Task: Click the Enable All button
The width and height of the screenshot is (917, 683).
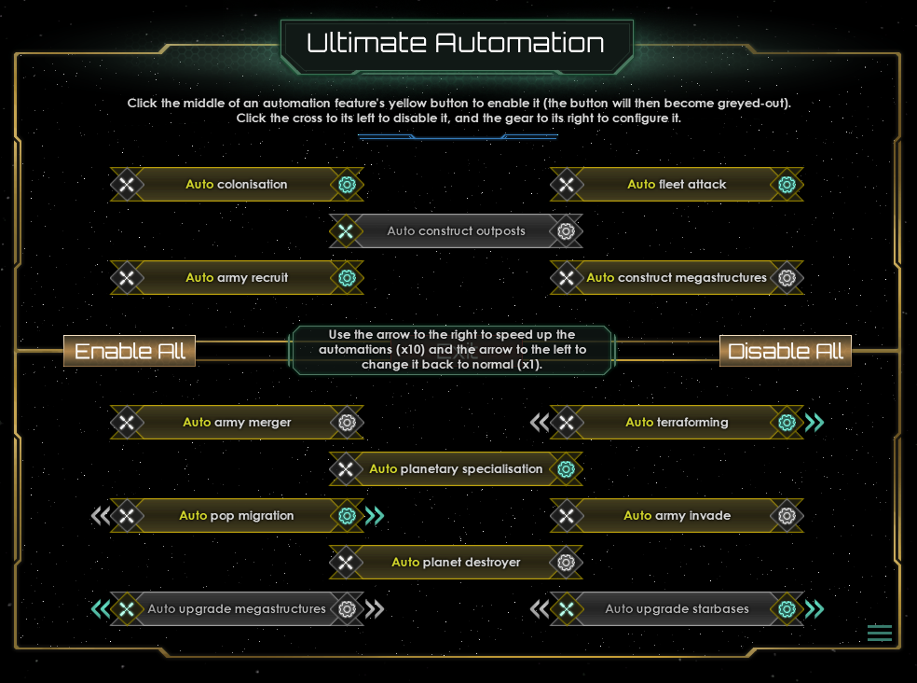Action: coord(130,351)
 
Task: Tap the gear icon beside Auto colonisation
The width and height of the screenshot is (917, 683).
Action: coord(348,185)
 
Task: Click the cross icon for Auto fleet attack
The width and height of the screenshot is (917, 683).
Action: coord(567,185)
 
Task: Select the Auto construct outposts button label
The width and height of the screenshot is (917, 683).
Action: coord(456,231)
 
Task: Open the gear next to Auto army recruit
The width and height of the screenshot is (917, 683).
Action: coord(348,278)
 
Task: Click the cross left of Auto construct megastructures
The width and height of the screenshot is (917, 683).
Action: coord(567,278)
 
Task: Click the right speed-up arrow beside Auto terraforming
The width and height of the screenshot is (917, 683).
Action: coord(814,423)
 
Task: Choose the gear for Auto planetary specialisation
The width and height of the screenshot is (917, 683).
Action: coord(566,469)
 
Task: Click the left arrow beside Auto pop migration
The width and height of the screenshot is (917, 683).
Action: coord(101,516)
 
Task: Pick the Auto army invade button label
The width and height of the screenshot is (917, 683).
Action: coord(677,516)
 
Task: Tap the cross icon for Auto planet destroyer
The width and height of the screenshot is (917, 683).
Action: coord(346,563)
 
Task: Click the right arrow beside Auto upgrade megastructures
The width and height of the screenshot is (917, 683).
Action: coord(375,609)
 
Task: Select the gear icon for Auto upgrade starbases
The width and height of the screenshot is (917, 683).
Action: coord(787,609)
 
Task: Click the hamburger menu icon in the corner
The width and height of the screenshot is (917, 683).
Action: coord(880,634)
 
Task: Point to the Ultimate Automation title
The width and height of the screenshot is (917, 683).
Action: coord(456,43)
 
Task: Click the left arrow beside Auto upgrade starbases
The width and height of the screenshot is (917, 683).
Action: coord(540,609)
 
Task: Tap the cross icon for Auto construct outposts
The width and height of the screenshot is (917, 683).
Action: coord(346,231)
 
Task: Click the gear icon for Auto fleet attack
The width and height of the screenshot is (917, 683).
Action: coord(787,185)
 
